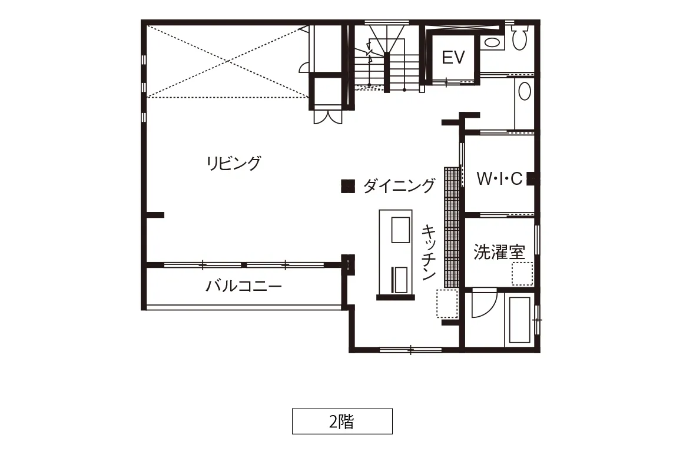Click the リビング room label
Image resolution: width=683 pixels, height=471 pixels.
point(234,163)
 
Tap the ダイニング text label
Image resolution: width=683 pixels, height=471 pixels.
point(399,186)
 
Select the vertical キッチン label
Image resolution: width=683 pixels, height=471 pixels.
point(429,252)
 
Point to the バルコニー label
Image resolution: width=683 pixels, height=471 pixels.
point(244,286)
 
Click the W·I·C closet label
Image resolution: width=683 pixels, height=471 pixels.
point(499,178)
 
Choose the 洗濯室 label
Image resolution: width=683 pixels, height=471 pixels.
point(499,252)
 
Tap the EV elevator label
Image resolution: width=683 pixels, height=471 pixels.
point(453,57)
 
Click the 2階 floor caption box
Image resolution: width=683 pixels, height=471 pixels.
point(342,421)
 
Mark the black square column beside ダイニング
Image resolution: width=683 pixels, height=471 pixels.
point(347,186)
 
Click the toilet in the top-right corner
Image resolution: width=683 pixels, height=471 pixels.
point(519,38)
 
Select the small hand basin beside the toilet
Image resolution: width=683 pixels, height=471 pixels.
point(492,43)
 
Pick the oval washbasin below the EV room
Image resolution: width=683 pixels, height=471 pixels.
point(525,91)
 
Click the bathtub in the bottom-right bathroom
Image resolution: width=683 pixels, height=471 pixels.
point(519,320)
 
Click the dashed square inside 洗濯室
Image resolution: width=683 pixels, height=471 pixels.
point(522,274)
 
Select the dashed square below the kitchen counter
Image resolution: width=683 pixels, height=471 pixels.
point(447,303)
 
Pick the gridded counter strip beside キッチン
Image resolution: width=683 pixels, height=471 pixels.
point(452,227)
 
